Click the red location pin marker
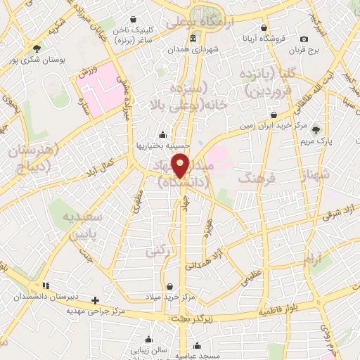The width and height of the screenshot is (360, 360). tap(181, 165)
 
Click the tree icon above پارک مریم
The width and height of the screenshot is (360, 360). tap(316, 129)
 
